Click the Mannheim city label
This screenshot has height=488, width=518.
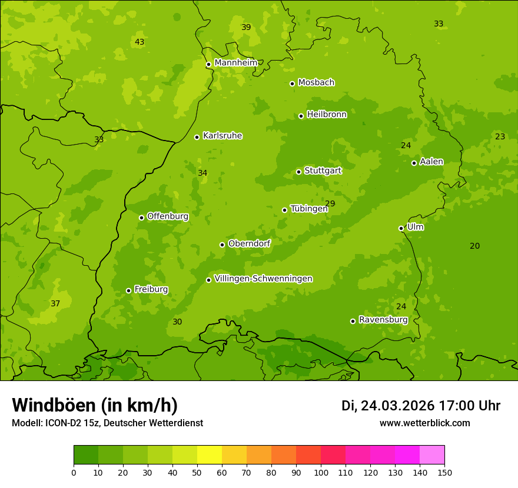235,63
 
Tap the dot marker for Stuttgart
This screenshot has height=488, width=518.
298,172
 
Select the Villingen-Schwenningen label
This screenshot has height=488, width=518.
263,279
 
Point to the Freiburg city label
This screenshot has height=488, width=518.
151,289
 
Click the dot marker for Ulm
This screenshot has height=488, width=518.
401,228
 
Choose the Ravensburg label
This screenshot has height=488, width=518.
383,320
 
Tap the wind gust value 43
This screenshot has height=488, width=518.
140,42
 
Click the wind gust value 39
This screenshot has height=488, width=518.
246,28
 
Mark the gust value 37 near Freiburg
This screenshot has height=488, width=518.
55,304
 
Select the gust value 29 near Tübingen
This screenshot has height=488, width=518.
330,204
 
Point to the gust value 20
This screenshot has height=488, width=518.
474,246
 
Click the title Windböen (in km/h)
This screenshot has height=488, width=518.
95,405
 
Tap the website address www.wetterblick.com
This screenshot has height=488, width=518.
424,423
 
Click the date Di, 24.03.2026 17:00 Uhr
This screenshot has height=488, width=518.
421,406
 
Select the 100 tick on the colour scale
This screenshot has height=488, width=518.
321,472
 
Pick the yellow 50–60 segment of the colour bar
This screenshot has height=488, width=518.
210,455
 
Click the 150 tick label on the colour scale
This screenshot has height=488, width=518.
444,472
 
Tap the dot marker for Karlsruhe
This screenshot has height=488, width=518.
197,137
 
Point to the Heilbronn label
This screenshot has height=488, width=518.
326,115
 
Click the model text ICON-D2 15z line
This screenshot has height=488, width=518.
107,423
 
